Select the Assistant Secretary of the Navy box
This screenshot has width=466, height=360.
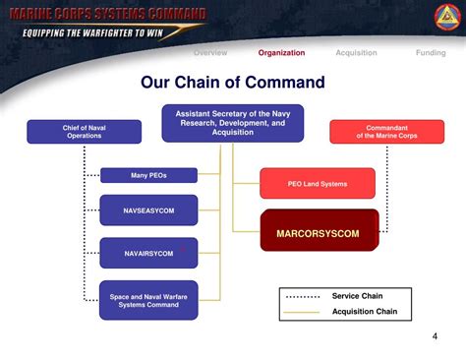[x=233, y=124]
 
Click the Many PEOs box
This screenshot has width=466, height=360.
[x=148, y=176]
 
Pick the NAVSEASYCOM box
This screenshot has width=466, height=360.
[x=148, y=210]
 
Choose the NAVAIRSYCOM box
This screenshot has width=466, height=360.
[x=148, y=253]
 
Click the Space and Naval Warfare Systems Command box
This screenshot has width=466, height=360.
[x=148, y=300]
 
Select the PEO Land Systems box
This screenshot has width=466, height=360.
[x=317, y=183]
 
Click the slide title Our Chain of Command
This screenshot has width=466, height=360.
[x=233, y=82]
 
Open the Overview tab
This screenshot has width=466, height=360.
[x=210, y=53]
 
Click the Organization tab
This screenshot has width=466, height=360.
[x=281, y=53]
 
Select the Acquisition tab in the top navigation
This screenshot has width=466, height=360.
[x=356, y=53]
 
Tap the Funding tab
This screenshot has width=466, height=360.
[x=431, y=53]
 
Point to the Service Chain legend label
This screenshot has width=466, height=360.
[x=357, y=296]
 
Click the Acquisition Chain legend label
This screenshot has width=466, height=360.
[x=365, y=312]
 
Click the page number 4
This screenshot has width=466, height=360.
[x=435, y=337]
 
